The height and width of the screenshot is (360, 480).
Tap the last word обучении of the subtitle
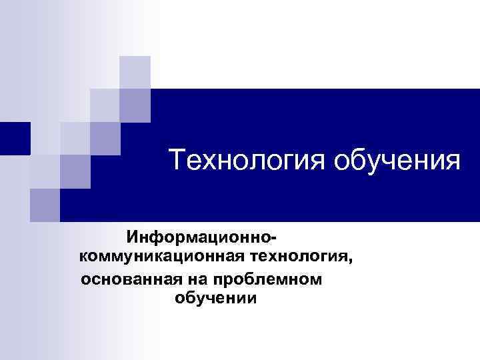coord(215,298)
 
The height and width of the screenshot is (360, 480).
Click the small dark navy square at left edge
coord(15,138)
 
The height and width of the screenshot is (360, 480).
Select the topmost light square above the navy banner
coord(135,72)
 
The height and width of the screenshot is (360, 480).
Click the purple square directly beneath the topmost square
coord(135,104)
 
